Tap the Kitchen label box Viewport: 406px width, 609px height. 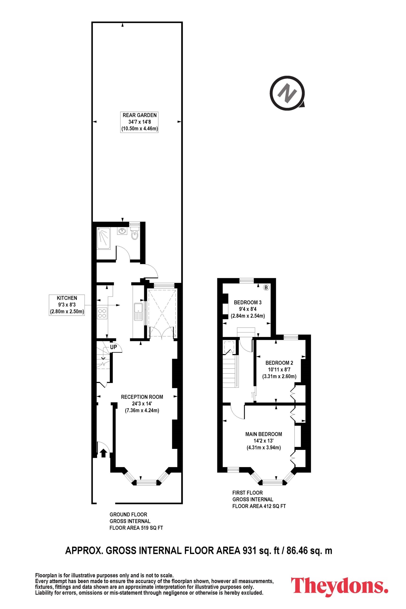tap(67, 305)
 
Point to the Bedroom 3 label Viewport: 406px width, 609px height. tap(248, 309)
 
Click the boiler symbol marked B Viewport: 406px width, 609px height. tap(266, 287)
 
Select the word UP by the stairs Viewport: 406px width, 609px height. tap(113, 347)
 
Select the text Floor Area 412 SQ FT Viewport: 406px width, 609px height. tap(259, 506)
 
